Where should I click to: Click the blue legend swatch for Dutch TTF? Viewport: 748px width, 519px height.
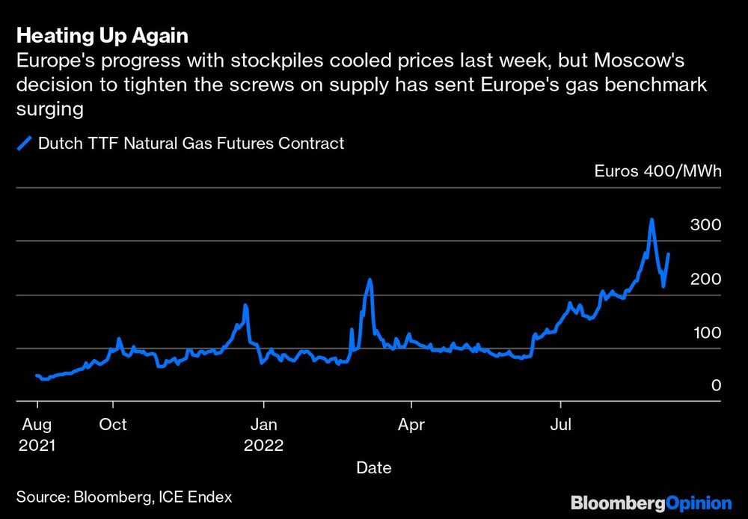(24, 144)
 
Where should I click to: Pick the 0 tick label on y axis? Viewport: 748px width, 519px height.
(716, 386)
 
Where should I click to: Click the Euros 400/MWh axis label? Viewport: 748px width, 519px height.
(657, 171)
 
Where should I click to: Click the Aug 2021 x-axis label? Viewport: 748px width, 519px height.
(37, 434)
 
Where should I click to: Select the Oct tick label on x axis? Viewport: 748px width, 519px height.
(113, 425)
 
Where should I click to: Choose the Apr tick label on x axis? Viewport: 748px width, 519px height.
(411, 425)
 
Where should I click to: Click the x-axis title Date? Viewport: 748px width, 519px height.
(373, 468)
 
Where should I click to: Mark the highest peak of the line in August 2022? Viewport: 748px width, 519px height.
(652, 220)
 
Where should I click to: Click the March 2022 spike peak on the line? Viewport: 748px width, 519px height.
(370, 280)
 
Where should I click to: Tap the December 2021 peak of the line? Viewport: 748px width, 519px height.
(245, 305)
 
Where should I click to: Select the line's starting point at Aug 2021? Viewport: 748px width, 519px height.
(37, 375)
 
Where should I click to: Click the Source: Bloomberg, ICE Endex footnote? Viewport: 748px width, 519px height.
(124, 497)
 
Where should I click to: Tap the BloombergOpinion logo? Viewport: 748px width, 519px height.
(650, 503)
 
